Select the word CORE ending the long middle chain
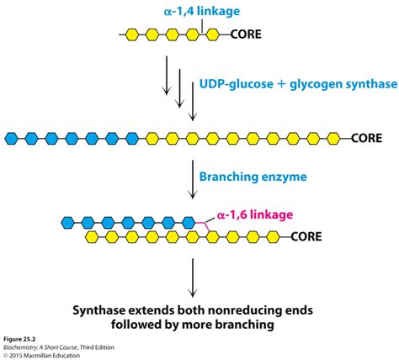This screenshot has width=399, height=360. click(370, 135)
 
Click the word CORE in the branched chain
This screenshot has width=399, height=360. click(311, 239)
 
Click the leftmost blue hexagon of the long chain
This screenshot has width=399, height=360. click(12, 135)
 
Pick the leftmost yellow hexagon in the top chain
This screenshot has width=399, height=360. click(133, 35)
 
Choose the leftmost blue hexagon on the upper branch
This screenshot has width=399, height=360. click(66, 223)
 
